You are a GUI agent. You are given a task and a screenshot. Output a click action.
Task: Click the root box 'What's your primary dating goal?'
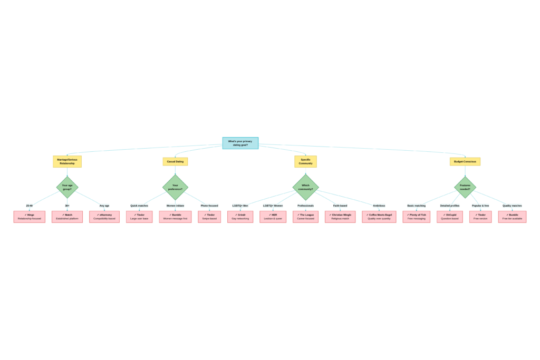[240, 143]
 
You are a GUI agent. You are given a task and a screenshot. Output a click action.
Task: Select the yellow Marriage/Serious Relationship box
[67, 161]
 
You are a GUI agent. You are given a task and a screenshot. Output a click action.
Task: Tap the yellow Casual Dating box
[175, 162]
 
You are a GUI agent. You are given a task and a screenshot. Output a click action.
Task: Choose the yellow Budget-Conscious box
[465, 162]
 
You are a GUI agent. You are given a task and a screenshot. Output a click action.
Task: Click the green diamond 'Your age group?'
[67, 187]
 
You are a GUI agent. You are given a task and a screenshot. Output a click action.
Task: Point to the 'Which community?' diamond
[305, 187]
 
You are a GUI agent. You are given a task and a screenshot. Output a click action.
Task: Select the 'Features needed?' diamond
[465, 187]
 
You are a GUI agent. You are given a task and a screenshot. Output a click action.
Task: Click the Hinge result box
[29, 217]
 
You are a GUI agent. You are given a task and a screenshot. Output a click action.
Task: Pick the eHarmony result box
[104, 217]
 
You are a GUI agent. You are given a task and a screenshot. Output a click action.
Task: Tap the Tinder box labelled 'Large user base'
[139, 217]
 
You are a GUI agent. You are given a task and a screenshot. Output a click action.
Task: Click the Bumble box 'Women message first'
[175, 217]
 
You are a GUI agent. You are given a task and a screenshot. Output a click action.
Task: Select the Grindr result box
[240, 217]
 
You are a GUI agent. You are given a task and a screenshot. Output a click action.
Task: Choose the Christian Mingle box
[340, 217]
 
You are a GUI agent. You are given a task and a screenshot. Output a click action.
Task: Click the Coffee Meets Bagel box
[379, 217]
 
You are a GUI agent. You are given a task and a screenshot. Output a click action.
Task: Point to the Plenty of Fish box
[416, 217]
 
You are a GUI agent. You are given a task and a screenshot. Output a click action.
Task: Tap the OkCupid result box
[450, 217]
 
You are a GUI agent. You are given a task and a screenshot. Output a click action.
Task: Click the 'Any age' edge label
[104, 206]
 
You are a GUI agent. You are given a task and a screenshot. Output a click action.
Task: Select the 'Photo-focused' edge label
[209, 206]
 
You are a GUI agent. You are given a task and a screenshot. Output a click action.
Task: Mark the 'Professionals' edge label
[305, 206]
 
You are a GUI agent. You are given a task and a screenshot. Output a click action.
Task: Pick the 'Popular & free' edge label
[480, 206]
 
